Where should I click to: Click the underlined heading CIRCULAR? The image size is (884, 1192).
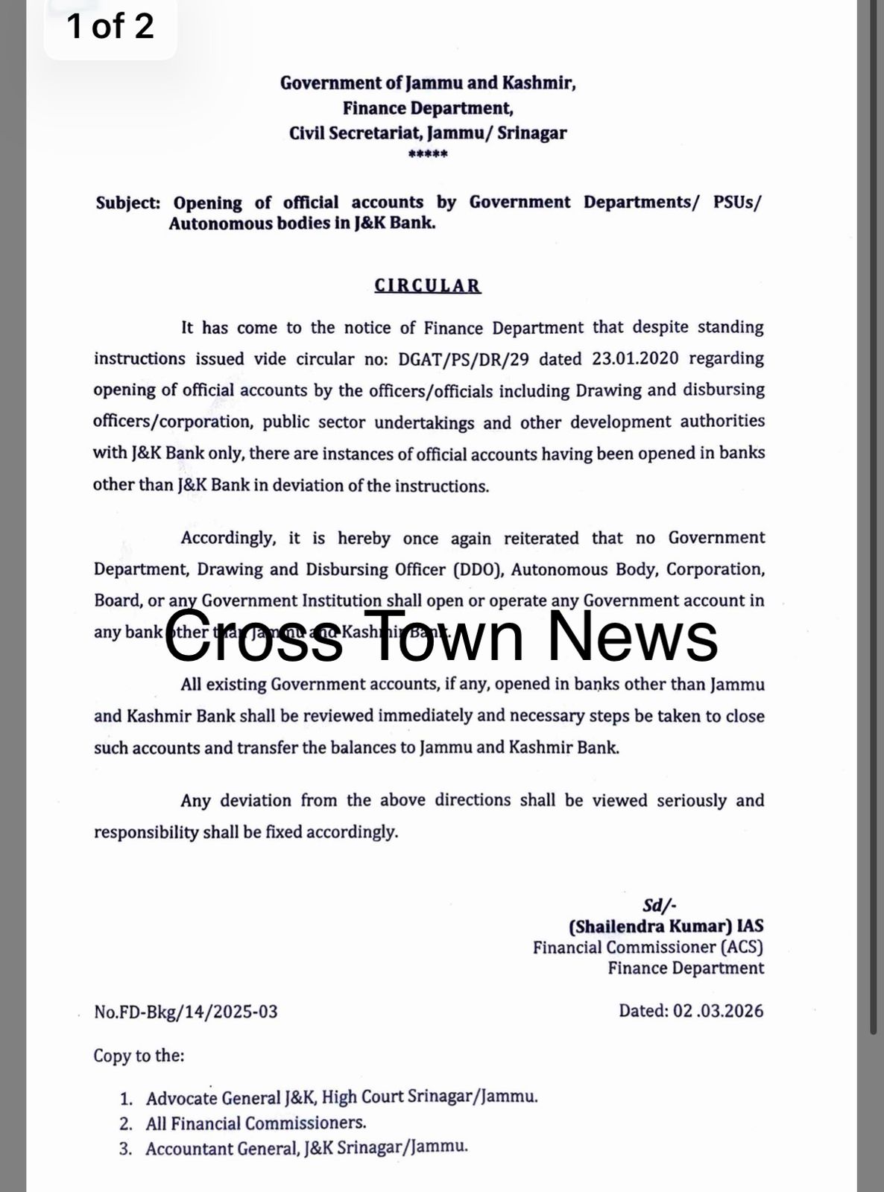click(x=428, y=286)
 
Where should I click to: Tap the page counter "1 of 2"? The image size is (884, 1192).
click(x=110, y=26)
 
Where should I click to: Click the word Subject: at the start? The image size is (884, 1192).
click(x=127, y=203)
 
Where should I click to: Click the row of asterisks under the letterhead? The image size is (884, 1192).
click(x=428, y=156)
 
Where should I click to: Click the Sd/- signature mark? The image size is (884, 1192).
click(x=660, y=905)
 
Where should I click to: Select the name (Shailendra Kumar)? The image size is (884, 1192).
click(x=648, y=926)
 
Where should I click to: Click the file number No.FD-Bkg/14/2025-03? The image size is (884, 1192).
click(x=186, y=1012)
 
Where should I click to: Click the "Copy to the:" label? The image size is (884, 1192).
click(x=139, y=1056)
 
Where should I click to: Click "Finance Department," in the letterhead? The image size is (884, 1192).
click(x=428, y=108)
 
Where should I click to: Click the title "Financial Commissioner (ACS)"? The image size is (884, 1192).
click(x=648, y=948)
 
